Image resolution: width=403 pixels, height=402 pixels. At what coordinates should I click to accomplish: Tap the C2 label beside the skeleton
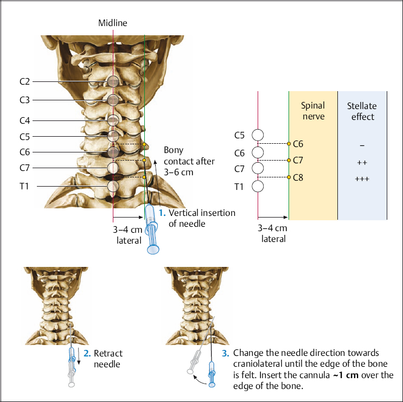24,82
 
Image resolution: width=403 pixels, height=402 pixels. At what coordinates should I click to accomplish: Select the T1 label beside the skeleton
25,186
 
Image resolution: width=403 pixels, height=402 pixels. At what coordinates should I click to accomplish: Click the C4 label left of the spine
24,120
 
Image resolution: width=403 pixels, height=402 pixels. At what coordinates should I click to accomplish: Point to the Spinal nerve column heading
312,111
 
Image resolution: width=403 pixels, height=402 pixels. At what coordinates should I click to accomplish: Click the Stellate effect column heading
361,111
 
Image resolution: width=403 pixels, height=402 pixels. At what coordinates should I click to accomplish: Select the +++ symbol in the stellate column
362,179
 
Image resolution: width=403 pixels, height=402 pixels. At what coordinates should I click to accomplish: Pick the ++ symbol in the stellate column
362,162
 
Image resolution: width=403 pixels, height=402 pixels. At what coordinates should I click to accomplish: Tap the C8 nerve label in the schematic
298,177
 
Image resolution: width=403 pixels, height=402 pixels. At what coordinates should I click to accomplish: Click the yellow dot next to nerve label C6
289,144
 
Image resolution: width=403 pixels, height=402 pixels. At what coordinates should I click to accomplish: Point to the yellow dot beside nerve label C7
289,161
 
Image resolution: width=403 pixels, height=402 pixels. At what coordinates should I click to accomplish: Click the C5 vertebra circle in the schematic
258,135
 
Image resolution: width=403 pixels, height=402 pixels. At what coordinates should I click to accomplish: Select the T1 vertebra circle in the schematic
258,187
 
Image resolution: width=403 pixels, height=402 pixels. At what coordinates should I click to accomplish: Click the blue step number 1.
163,213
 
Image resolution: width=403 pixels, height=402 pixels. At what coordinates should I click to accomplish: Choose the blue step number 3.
226,353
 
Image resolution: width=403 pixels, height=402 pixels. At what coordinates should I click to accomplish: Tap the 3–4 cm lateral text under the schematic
272,233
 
